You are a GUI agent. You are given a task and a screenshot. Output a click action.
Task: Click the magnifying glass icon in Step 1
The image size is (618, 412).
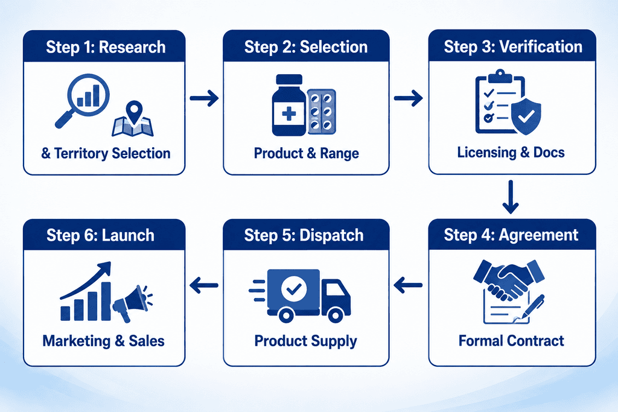click(x=88, y=96)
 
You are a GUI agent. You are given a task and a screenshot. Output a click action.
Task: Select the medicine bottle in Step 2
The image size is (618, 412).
click(x=289, y=105)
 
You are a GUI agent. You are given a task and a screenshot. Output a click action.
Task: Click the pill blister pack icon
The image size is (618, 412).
click(x=322, y=112)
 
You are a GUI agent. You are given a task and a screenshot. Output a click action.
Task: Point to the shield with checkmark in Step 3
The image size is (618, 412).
click(x=526, y=116)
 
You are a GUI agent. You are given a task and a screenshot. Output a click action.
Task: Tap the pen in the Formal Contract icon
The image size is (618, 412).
click(x=533, y=307)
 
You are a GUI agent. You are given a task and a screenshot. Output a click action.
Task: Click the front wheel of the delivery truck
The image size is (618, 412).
click(x=336, y=315)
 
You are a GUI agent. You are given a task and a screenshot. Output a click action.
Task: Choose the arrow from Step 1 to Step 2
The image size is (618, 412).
click(x=204, y=98)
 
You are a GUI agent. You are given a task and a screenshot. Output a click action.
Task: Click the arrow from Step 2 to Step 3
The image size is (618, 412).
click(x=409, y=98)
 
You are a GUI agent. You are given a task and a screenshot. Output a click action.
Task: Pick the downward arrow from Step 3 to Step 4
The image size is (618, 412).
click(x=511, y=197)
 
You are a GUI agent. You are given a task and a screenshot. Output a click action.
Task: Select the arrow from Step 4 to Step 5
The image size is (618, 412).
click(x=408, y=285)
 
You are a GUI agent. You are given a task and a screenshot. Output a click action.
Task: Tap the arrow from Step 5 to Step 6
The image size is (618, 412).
click(x=204, y=285)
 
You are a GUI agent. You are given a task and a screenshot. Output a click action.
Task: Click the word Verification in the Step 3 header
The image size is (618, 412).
click(x=541, y=47)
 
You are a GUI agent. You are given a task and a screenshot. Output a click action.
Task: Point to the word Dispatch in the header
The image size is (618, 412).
click(x=331, y=235)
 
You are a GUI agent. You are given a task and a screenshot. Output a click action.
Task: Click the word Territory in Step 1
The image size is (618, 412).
click(x=81, y=153)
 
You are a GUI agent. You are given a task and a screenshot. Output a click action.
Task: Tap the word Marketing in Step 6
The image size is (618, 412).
click(x=77, y=341)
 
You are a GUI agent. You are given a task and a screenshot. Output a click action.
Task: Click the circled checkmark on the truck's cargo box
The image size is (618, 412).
click(x=294, y=289)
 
